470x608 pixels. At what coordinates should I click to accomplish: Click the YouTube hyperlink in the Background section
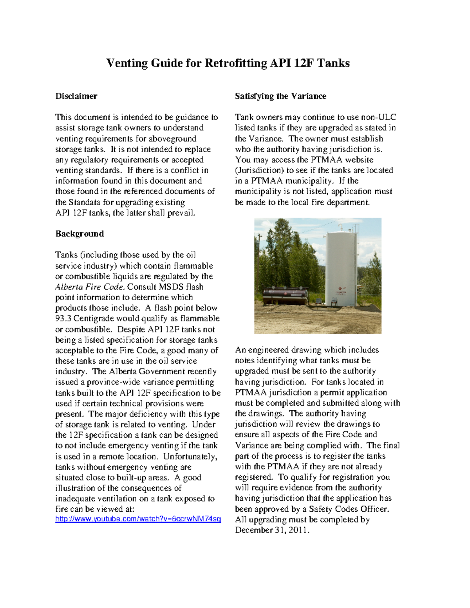pos(138,519)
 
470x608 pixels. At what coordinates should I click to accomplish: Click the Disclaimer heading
pos(76,96)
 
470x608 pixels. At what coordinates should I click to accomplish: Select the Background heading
pos(80,234)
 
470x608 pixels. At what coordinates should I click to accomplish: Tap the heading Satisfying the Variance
pos(280,96)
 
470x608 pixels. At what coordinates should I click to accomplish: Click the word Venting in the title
pos(127,63)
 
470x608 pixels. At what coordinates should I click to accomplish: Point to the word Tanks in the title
pos(333,63)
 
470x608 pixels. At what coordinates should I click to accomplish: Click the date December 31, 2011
pos(272,530)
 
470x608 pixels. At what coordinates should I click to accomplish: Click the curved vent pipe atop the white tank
pos(340,227)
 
